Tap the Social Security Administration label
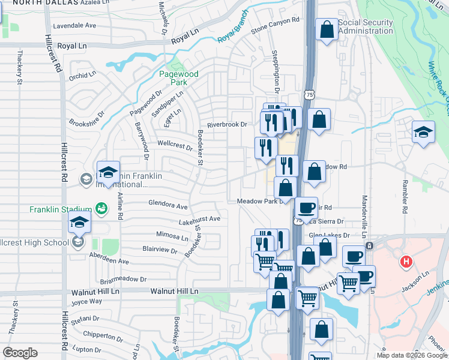click(x=366, y=27)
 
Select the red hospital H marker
click(x=406, y=262)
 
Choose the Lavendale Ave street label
click(x=74, y=26)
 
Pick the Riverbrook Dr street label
click(x=228, y=125)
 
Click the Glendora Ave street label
click(x=168, y=206)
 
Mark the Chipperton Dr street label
click(x=103, y=335)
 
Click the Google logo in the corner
click(x=20, y=353)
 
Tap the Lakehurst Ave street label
click(x=199, y=219)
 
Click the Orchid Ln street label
click(x=82, y=76)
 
